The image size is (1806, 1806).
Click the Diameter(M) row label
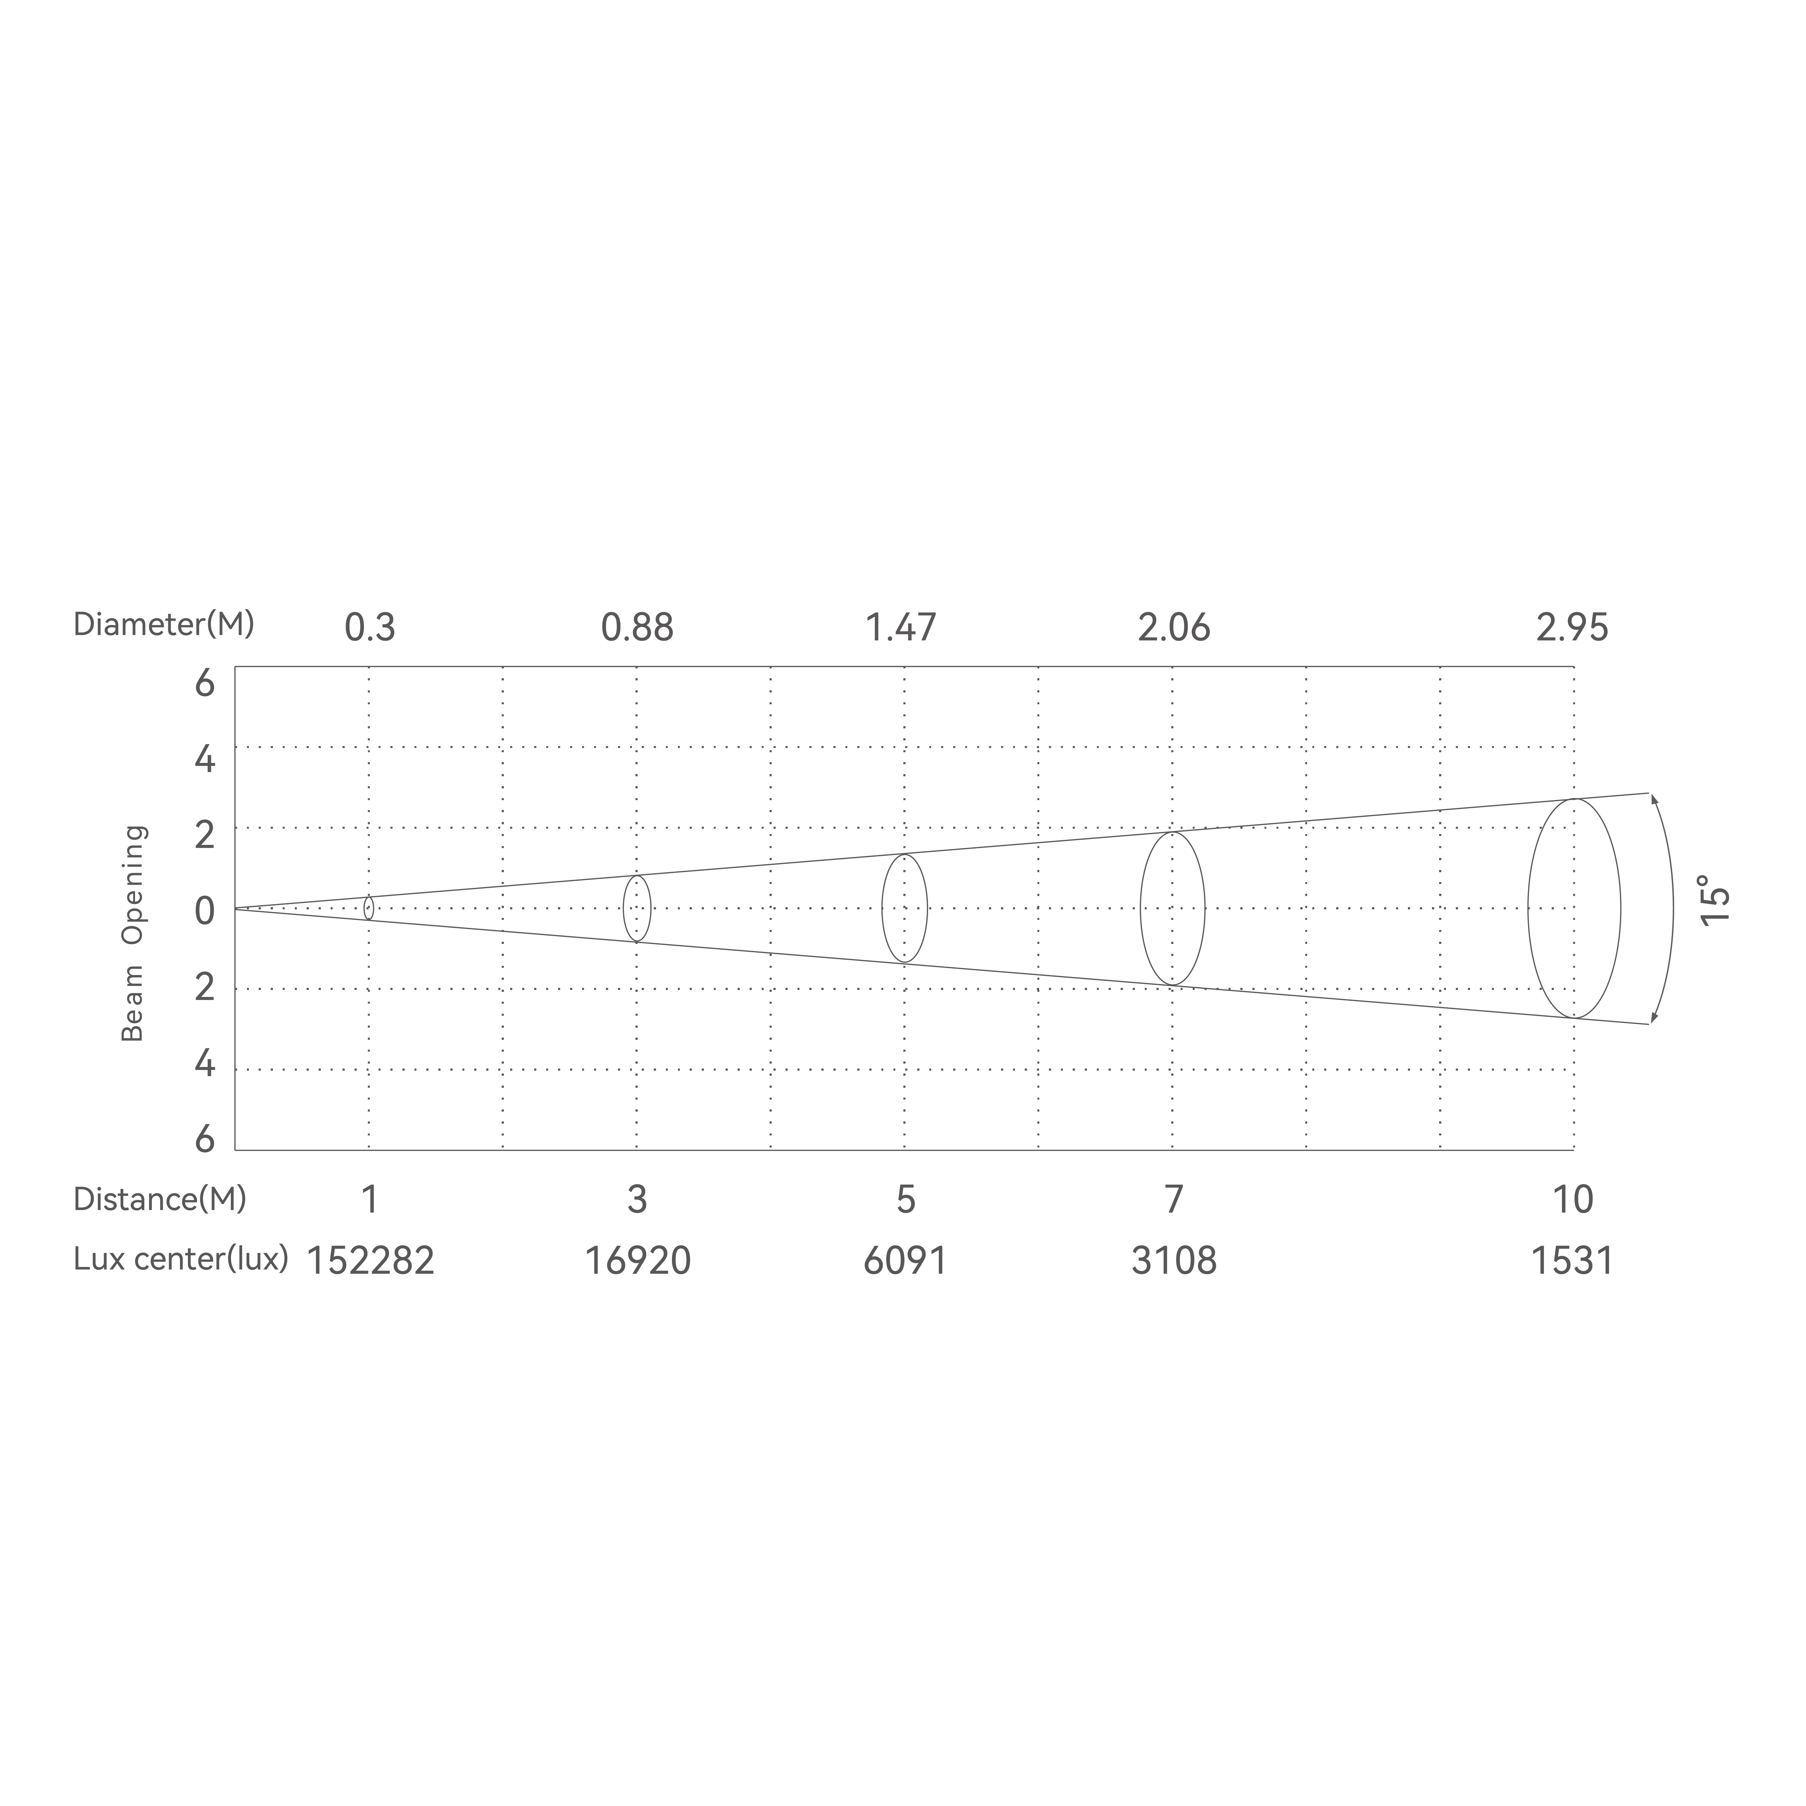[x=164, y=625]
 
